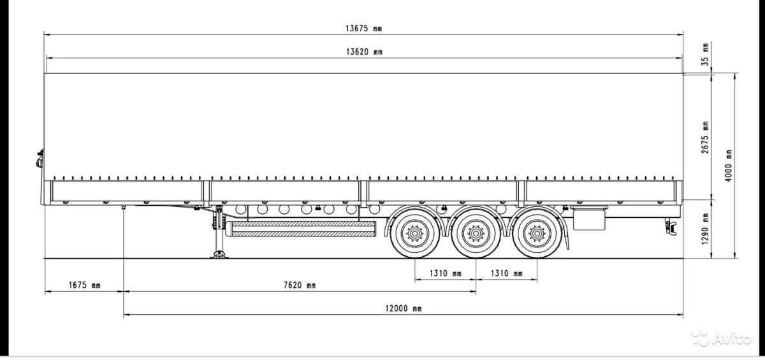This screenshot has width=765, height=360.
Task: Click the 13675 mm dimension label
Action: coord(363,28)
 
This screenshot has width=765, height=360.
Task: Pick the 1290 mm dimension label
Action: coord(705,229)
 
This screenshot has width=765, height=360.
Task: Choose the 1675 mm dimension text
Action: coord(84,285)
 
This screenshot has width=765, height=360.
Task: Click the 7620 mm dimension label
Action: coord(300,285)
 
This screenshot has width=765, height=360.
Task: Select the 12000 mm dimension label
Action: coord(403,308)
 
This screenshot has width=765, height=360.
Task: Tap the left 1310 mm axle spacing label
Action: coord(445,274)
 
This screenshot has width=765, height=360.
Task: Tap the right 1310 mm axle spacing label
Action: coord(506,274)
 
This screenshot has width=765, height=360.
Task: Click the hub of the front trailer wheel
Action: coord(415,235)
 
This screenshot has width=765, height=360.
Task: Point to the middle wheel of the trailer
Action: coord(475,235)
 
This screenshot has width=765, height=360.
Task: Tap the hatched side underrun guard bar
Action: coord(303,229)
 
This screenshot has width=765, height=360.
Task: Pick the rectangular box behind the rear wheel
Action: coord(588,219)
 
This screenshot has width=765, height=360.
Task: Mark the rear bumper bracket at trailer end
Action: coord(671,224)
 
